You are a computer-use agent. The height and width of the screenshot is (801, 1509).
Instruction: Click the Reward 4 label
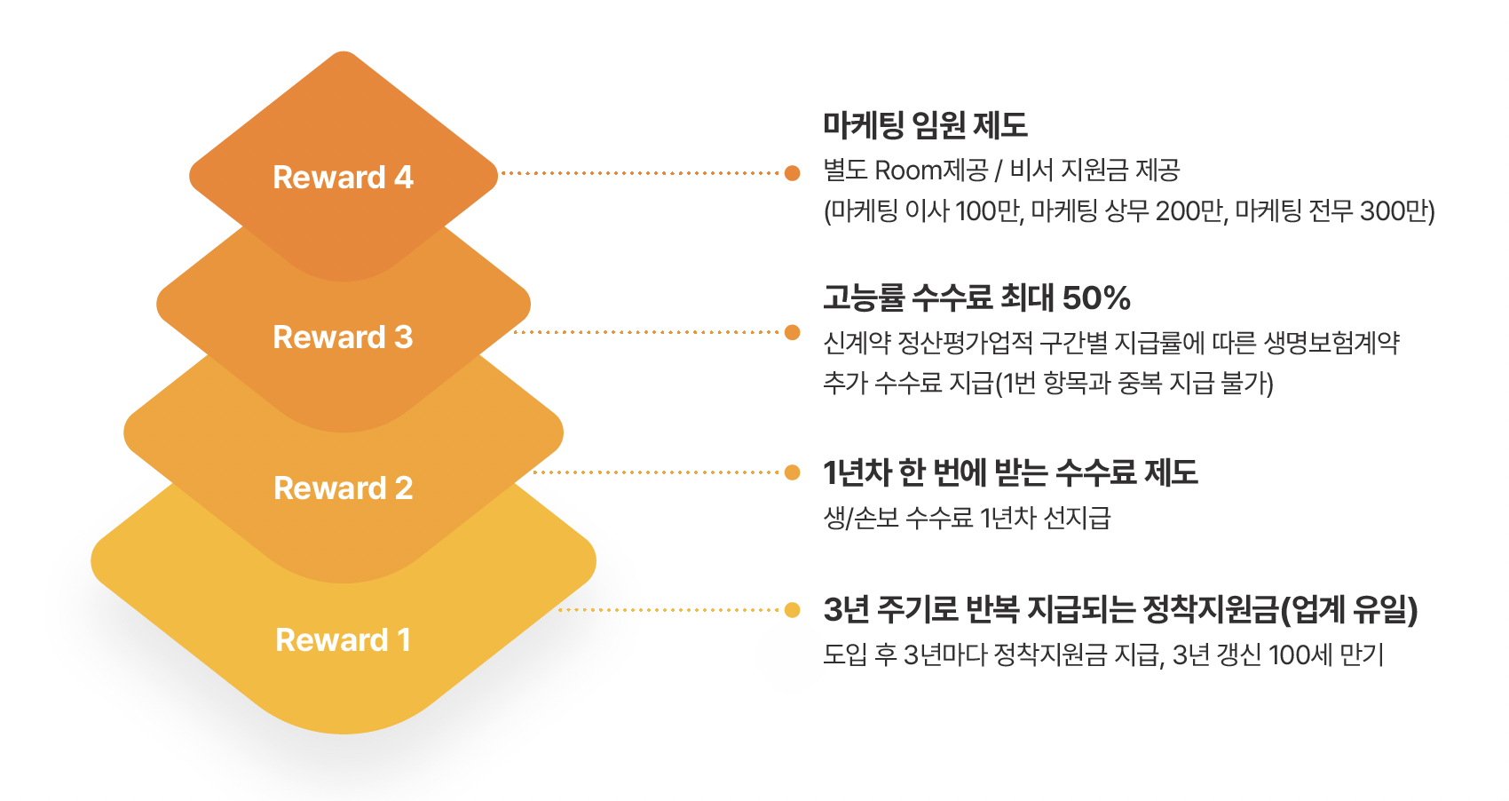343,177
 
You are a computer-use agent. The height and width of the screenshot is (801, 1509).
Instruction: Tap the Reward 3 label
343,337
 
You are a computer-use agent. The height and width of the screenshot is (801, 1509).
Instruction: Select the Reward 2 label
343,488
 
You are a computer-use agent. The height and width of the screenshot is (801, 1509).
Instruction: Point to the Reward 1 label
343,639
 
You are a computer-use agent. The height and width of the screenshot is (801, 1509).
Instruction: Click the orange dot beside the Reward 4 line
792,173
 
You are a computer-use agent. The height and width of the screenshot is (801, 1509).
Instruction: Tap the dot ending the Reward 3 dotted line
792,332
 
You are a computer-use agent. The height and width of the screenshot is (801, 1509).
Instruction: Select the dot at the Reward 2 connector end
792,472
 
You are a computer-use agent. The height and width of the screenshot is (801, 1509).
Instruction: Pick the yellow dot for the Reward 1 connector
792,610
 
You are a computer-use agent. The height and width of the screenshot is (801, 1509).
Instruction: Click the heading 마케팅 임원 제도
925,125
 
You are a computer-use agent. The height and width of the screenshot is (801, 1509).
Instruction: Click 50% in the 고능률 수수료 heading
1096,297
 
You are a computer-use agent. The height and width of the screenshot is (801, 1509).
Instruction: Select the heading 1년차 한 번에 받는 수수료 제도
1010,472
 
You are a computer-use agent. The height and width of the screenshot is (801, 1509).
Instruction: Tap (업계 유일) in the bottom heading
1349,610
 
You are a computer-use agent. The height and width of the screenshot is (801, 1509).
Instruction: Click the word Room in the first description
907,170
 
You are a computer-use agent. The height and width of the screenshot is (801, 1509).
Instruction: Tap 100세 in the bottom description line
1300,655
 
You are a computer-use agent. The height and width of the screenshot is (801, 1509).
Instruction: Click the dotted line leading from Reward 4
639,173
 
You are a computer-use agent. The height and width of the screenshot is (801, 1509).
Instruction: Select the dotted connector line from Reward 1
670,610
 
